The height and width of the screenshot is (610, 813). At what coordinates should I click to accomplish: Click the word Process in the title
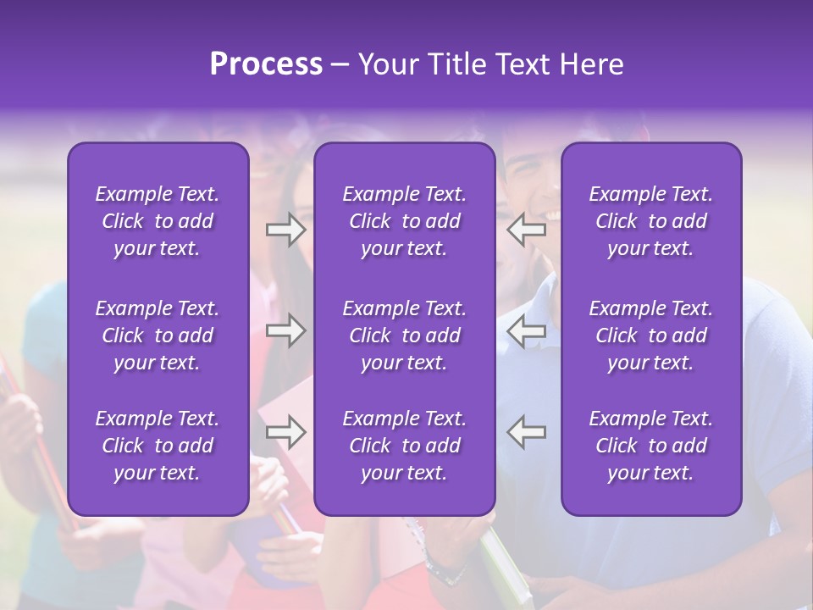[x=266, y=64]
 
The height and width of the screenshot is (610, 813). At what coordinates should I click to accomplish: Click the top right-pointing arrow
[x=285, y=230]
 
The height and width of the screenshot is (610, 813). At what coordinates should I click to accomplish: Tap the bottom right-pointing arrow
[x=285, y=432]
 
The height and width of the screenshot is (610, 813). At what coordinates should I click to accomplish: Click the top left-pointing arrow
[x=527, y=230]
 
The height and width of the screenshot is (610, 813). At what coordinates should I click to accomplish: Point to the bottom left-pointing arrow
[x=527, y=432]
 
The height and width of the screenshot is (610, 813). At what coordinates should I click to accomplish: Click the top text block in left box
[x=158, y=221]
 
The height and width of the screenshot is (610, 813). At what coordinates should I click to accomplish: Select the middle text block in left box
[x=158, y=335]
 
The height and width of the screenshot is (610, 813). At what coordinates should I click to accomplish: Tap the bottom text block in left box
[x=158, y=446]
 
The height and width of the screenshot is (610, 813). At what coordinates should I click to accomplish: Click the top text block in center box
[x=405, y=221]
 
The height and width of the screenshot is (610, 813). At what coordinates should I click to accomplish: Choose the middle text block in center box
[x=405, y=335]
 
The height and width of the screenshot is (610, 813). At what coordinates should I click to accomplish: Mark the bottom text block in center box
[x=405, y=446]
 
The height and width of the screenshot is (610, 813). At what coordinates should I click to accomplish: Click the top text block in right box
[x=651, y=221]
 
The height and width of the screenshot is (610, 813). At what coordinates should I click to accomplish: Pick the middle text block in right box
[x=651, y=335]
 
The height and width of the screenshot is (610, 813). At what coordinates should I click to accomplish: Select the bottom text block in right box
[x=651, y=446]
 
